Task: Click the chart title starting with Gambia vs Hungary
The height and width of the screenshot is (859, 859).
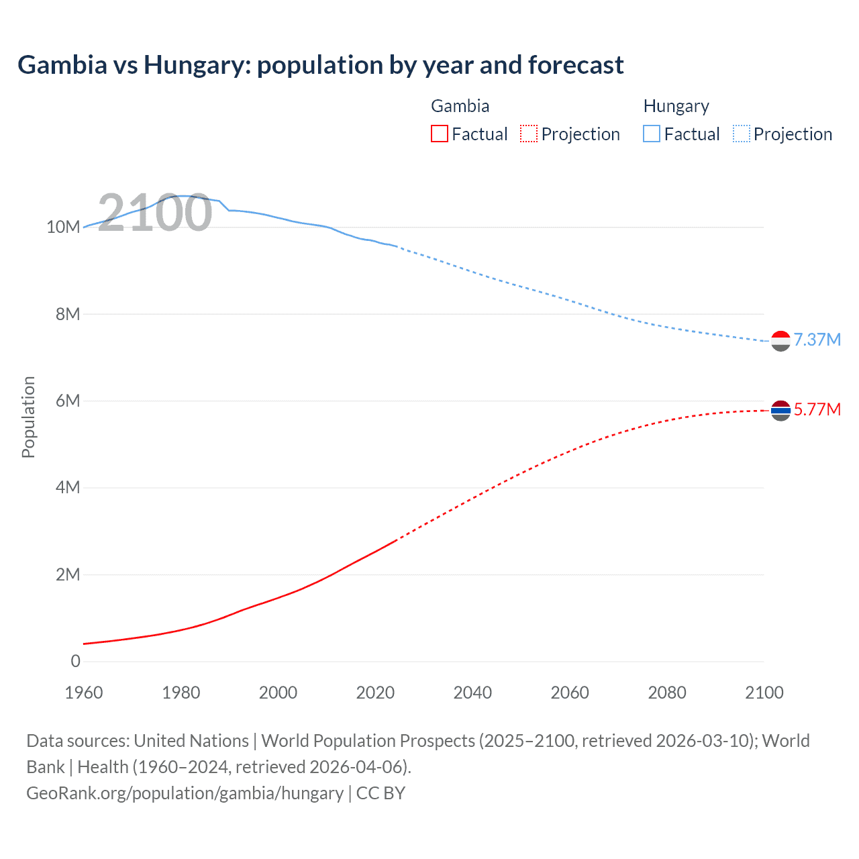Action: [320, 65]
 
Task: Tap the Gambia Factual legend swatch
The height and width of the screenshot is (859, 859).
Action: [439, 134]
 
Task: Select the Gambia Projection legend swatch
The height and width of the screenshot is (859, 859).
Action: [529, 134]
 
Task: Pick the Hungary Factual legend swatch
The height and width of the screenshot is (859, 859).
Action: [652, 134]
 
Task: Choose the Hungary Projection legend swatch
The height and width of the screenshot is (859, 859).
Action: [742, 134]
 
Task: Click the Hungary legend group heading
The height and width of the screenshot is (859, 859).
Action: [676, 106]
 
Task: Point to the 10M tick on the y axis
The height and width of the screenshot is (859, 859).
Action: [63, 228]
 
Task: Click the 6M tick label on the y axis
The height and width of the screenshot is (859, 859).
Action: [67, 401]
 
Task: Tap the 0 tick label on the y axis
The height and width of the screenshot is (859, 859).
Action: [75, 662]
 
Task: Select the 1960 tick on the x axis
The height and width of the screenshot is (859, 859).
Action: [84, 693]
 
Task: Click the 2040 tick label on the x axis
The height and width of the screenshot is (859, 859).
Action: [472, 693]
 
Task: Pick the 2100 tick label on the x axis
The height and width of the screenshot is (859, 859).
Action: [764, 693]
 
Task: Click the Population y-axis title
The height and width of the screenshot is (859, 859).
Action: [28, 417]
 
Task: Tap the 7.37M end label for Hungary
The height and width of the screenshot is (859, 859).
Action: [817, 340]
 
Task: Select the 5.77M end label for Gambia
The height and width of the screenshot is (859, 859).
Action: [817, 409]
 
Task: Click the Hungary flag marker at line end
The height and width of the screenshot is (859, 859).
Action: [780, 341]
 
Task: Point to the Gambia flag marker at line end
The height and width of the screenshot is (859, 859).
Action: [780, 410]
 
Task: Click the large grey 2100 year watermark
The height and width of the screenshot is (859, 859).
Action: [155, 213]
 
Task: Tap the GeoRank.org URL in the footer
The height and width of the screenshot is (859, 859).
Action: [185, 793]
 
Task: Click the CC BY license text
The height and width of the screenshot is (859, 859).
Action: [381, 793]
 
